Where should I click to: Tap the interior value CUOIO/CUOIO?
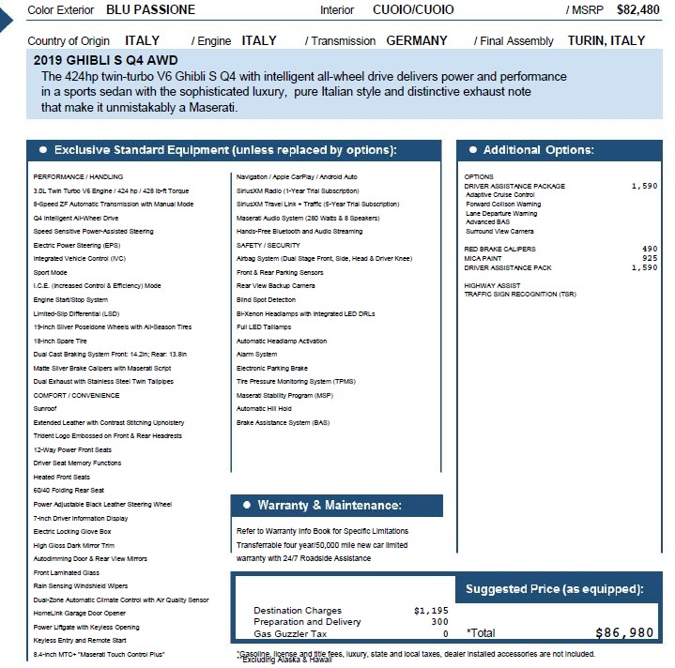(413, 10)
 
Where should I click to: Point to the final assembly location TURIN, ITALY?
(606, 41)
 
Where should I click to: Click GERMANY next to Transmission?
(417, 41)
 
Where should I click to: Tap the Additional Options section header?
(538, 151)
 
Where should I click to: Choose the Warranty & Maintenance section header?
(329, 506)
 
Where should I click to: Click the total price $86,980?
(624, 633)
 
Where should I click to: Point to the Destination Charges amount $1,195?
(431, 611)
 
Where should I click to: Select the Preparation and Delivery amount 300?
(439, 622)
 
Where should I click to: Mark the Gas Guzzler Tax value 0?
(445, 633)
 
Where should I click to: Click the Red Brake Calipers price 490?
(650, 249)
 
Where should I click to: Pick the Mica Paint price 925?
(650, 258)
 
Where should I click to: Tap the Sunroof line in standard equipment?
(46, 409)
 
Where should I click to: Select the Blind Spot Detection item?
(266, 299)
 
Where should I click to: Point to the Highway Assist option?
(493, 285)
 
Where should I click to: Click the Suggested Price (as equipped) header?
(554, 589)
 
